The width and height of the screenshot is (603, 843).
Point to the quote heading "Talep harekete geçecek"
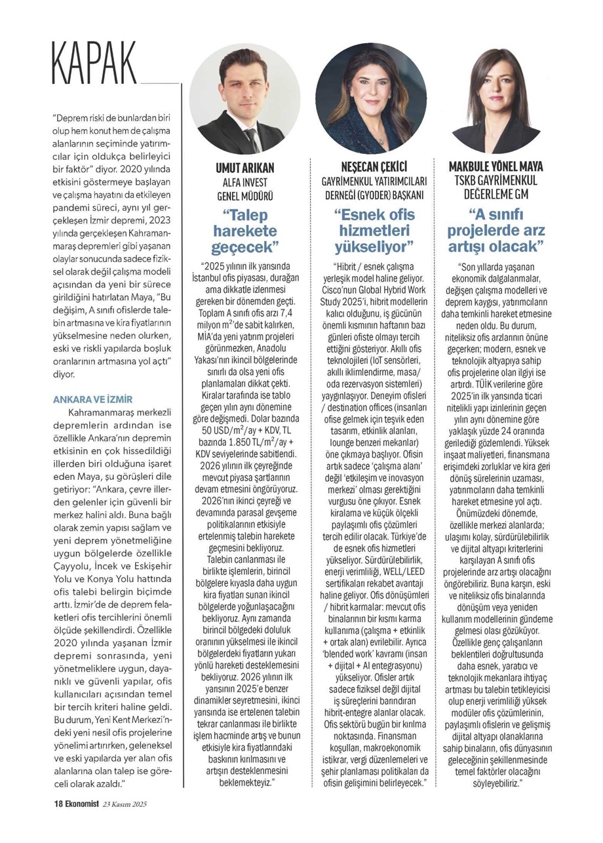tap(244, 231)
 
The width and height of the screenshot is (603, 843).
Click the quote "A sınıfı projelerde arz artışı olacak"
tap(496, 231)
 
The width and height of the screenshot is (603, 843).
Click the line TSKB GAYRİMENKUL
tap(496, 180)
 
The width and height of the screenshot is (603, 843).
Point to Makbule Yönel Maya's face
tap(497, 88)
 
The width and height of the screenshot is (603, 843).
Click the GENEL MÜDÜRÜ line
tap(244, 195)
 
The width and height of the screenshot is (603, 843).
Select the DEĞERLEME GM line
tap(496, 194)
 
